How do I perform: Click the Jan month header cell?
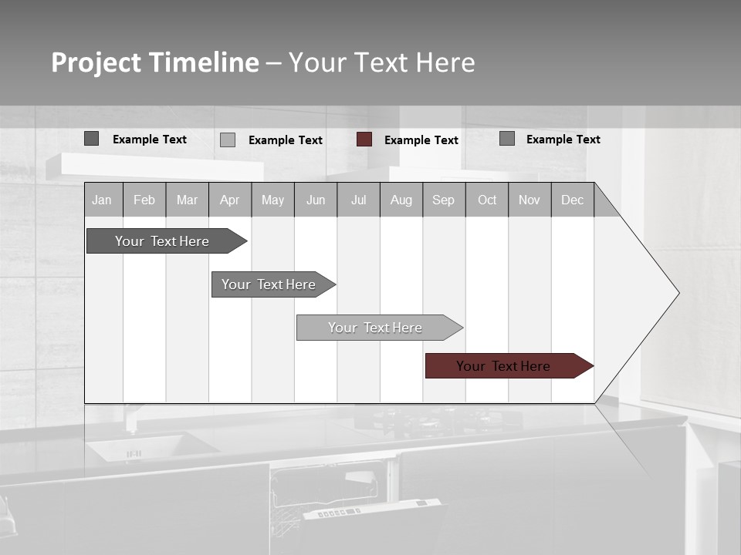point(103,200)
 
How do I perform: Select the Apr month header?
point(230,200)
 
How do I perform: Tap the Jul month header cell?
point(358,200)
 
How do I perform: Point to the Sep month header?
point(444,200)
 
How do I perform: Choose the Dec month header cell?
point(572,200)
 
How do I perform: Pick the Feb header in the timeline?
point(144,200)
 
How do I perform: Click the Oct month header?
point(487,200)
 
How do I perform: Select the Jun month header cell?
point(316,200)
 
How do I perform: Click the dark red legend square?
point(364,140)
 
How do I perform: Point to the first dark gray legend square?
point(91,139)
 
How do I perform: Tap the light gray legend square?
point(228,140)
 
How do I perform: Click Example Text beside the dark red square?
point(421,140)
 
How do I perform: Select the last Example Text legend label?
point(563,140)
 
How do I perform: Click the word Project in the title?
point(96,62)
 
